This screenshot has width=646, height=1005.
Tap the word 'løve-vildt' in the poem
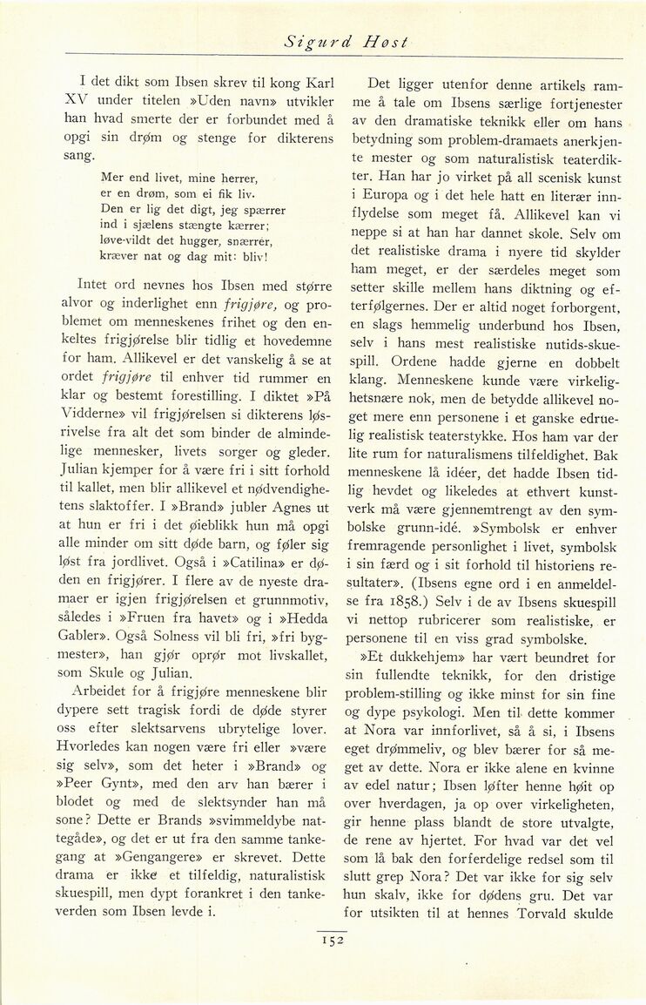[131, 241]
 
